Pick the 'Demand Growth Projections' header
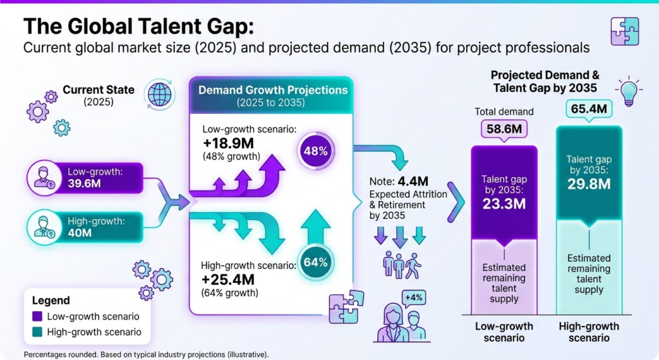(x=273, y=90)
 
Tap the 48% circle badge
(x=315, y=152)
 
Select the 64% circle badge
(x=315, y=262)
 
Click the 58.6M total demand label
(x=505, y=129)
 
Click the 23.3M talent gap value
(x=505, y=204)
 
